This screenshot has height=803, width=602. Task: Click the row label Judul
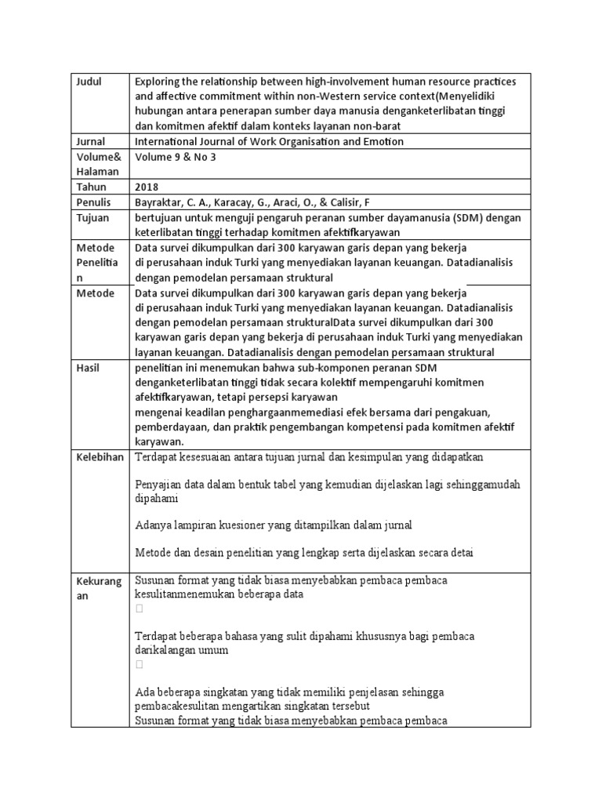pyautogui.click(x=89, y=82)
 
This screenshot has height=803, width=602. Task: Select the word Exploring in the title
pyautogui.click(x=159, y=82)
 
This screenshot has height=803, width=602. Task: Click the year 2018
pyautogui.click(x=147, y=187)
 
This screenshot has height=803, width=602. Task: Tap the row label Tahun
pyautogui.click(x=92, y=187)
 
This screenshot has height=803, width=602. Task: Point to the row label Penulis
pyautogui.click(x=93, y=202)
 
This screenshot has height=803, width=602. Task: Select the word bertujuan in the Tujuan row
pyautogui.click(x=160, y=217)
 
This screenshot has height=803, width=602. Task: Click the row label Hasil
pyautogui.click(x=89, y=367)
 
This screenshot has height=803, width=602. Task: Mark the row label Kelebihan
pyautogui.click(x=100, y=457)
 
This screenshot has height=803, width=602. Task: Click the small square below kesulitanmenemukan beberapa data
pyautogui.click(x=140, y=609)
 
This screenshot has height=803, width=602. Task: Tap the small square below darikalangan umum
pyautogui.click(x=140, y=664)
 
